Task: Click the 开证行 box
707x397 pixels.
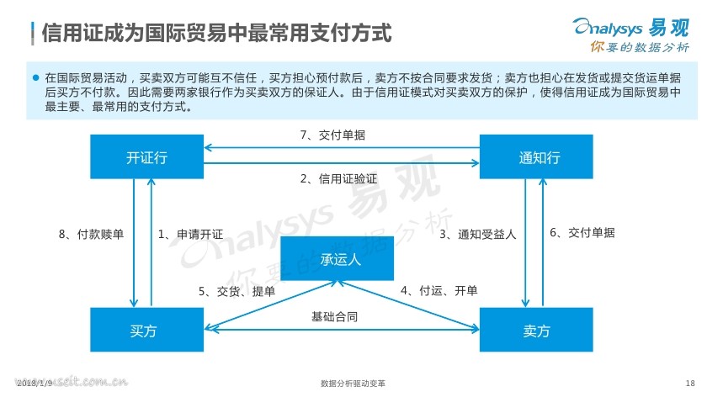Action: coord(146,156)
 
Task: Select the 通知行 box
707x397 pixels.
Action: coord(536,156)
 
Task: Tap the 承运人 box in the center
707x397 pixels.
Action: coord(338,258)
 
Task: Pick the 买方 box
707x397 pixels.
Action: coord(146,330)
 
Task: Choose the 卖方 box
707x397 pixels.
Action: coord(536,330)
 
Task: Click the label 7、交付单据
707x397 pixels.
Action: coord(332,135)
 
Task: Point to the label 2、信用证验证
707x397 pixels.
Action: coord(338,179)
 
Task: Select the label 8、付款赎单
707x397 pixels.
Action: coord(91,235)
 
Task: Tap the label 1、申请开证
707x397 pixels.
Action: coord(191,235)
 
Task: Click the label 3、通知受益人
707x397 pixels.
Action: coord(478,235)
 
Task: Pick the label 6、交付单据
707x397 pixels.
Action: coord(582,232)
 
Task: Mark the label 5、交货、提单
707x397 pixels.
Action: coord(237,292)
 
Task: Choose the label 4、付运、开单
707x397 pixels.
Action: coord(439,291)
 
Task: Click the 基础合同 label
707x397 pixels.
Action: coord(335,317)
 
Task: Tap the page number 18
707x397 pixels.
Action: coord(690,383)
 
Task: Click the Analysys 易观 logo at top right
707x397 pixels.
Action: coord(631,28)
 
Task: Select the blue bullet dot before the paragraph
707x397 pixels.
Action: coord(36,77)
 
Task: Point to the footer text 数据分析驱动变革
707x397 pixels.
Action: coord(353,384)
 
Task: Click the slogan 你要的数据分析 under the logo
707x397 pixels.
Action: coord(640,47)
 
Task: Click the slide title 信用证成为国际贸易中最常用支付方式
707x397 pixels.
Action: coord(216,33)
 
